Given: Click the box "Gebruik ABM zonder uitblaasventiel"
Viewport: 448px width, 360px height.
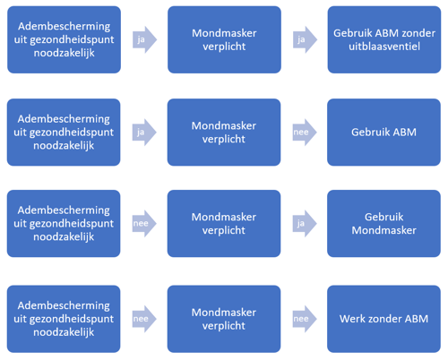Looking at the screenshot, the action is click(x=384, y=39).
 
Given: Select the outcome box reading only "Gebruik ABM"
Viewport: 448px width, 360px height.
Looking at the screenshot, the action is click(x=383, y=133).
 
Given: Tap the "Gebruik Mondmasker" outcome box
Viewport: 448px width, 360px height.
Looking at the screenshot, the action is click(x=383, y=224).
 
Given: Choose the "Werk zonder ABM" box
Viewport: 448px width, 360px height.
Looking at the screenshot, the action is click(x=383, y=319).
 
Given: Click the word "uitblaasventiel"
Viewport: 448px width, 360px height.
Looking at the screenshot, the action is click(x=384, y=47).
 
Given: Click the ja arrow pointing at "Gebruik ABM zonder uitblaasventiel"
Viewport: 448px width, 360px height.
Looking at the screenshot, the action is click(x=305, y=39).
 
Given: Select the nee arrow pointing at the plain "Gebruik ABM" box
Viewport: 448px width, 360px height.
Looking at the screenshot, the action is click(x=305, y=133).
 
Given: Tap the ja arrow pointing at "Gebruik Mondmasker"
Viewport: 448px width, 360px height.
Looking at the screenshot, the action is click(x=305, y=224).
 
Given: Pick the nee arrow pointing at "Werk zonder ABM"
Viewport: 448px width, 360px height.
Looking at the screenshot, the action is click(x=305, y=319).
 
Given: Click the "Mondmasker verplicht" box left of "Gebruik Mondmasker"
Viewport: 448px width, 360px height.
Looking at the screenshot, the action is click(x=224, y=224).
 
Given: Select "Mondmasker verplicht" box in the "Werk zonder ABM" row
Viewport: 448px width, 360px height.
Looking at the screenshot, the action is click(x=224, y=319).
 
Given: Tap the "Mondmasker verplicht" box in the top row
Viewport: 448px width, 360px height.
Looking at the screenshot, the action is click(x=224, y=39).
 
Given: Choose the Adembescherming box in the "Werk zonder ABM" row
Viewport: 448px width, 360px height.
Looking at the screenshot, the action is click(x=64, y=319).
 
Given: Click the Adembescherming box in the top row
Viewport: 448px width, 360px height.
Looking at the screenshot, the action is click(x=64, y=39).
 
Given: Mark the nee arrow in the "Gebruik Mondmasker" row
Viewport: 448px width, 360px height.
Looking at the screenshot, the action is click(x=144, y=224).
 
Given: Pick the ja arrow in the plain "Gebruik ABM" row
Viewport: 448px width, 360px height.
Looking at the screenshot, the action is click(x=144, y=133).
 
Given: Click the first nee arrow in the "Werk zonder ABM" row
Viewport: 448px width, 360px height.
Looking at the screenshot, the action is click(x=144, y=319).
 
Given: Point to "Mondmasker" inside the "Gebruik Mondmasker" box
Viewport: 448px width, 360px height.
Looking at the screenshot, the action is click(x=383, y=230).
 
